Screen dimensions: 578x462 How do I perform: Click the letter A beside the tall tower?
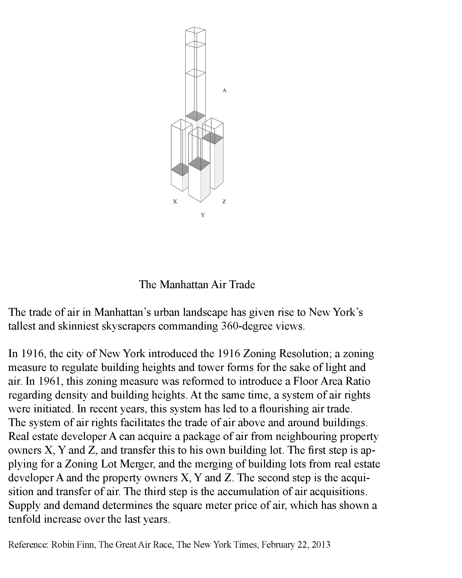[x=224, y=91]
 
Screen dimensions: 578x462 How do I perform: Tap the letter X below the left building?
[x=175, y=201]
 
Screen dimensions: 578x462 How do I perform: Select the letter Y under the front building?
[x=203, y=215]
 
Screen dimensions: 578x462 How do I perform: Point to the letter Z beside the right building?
[x=224, y=201]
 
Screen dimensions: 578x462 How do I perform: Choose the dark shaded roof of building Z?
[x=213, y=138]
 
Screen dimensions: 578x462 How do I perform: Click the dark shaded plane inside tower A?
[x=195, y=116]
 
